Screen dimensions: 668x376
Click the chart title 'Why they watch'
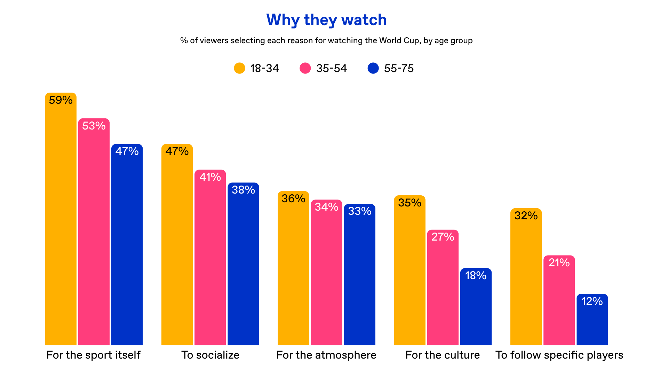pyautogui.click(x=326, y=20)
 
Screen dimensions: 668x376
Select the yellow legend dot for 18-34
pyautogui.click(x=239, y=68)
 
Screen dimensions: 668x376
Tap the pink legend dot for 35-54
pyautogui.click(x=305, y=68)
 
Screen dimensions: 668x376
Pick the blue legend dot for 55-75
pyautogui.click(x=373, y=68)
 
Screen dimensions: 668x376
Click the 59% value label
pyautogui.click(x=61, y=100)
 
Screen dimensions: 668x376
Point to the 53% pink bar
pyautogui.click(x=94, y=232)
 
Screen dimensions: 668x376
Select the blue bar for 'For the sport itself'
pyautogui.click(x=127, y=244)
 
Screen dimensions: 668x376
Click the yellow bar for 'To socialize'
pyautogui.click(x=177, y=244)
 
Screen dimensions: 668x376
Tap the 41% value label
pyautogui.click(x=210, y=177)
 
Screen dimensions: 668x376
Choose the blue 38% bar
pyautogui.click(x=243, y=264)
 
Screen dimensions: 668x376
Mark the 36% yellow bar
pyautogui.click(x=293, y=268)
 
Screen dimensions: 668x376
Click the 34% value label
pyautogui.click(x=326, y=207)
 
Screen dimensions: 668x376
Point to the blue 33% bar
pyautogui.click(x=360, y=274)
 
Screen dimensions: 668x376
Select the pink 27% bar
pyautogui.click(x=443, y=287)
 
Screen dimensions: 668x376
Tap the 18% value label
pyautogui.click(x=476, y=276)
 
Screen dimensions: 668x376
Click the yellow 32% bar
pyautogui.click(x=526, y=276)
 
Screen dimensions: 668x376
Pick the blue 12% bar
pyautogui.click(x=592, y=319)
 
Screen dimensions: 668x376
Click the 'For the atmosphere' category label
pyautogui.click(x=326, y=355)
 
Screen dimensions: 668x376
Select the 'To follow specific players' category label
pyautogui.click(x=559, y=355)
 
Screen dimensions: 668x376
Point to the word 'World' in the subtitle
pyautogui.click(x=390, y=41)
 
